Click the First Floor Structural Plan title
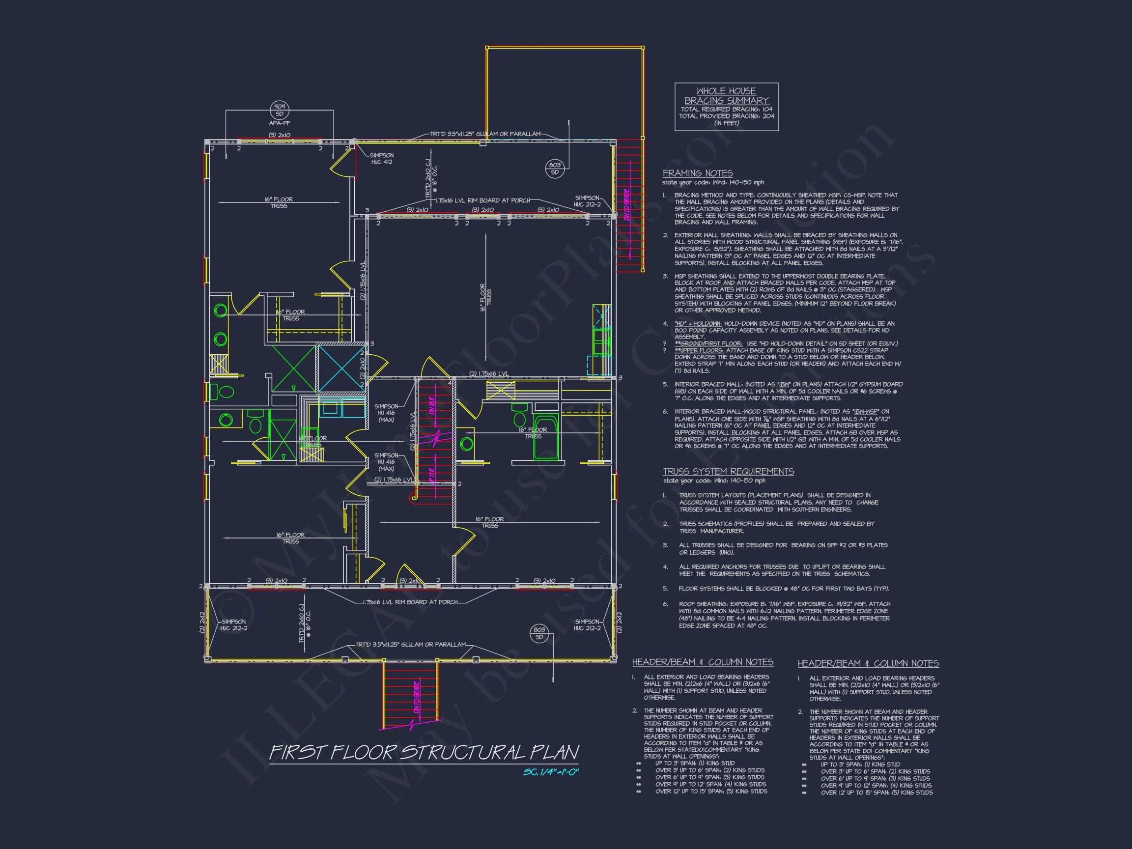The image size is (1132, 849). click(x=424, y=752)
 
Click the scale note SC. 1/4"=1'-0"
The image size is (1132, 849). click(x=551, y=772)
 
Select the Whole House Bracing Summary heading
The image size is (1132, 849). click(x=726, y=96)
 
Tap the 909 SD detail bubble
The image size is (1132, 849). click(x=280, y=111)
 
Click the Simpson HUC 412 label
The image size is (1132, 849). click(x=382, y=159)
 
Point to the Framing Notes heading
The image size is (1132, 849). click(x=698, y=173)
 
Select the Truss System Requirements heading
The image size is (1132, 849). click(x=728, y=472)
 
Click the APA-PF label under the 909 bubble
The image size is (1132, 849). click(x=280, y=123)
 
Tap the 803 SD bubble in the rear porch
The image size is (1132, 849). click(x=555, y=169)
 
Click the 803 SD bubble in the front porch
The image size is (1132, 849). click(x=539, y=633)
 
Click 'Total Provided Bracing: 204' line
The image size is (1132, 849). click(x=726, y=116)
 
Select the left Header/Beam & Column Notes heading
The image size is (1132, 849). click(x=703, y=662)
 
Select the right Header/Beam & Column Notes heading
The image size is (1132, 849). click(x=868, y=664)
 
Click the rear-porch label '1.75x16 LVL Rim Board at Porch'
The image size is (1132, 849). click(x=482, y=200)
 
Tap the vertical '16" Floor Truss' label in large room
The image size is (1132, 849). click(x=485, y=297)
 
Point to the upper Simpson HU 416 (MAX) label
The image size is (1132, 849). click(x=386, y=413)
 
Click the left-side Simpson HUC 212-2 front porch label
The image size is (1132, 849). click(x=233, y=625)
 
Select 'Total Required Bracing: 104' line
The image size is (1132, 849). click(x=726, y=110)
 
